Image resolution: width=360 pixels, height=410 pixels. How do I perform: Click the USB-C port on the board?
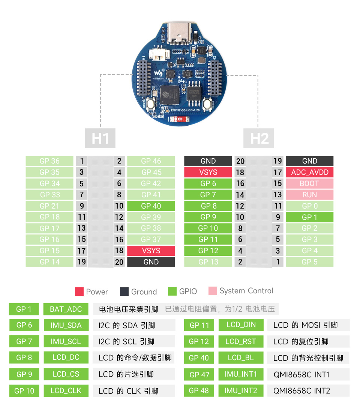coord(180,33)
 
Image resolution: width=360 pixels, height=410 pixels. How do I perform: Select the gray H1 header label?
coord(100,138)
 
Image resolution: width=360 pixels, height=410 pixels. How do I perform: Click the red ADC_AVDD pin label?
coord(309,172)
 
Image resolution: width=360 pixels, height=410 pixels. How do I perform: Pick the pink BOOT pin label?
coord(309,183)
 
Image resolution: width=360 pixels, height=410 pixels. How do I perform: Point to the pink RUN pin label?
coord(309,195)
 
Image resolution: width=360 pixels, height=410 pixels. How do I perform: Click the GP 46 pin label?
coord(151,161)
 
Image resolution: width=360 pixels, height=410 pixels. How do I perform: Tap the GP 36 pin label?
coord(49,161)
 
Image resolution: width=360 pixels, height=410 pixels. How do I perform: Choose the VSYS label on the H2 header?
coord(208,172)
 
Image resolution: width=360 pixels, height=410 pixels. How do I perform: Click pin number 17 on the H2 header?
coord(277,172)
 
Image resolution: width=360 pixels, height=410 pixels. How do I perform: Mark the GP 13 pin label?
coord(208,262)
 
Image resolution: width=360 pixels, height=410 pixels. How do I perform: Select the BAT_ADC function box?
coord(66,309)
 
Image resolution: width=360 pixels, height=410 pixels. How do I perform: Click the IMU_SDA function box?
coord(66,325)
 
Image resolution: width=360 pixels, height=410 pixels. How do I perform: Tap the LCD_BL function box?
coord(240,357)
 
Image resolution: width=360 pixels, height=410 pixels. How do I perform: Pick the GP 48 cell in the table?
coord(199,390)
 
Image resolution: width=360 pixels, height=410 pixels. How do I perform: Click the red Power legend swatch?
coord(79,291)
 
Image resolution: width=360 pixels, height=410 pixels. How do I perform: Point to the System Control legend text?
coord(246,291)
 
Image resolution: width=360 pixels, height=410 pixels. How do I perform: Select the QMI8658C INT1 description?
coord(301,374)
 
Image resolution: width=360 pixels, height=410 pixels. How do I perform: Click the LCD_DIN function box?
coord(241,325)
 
